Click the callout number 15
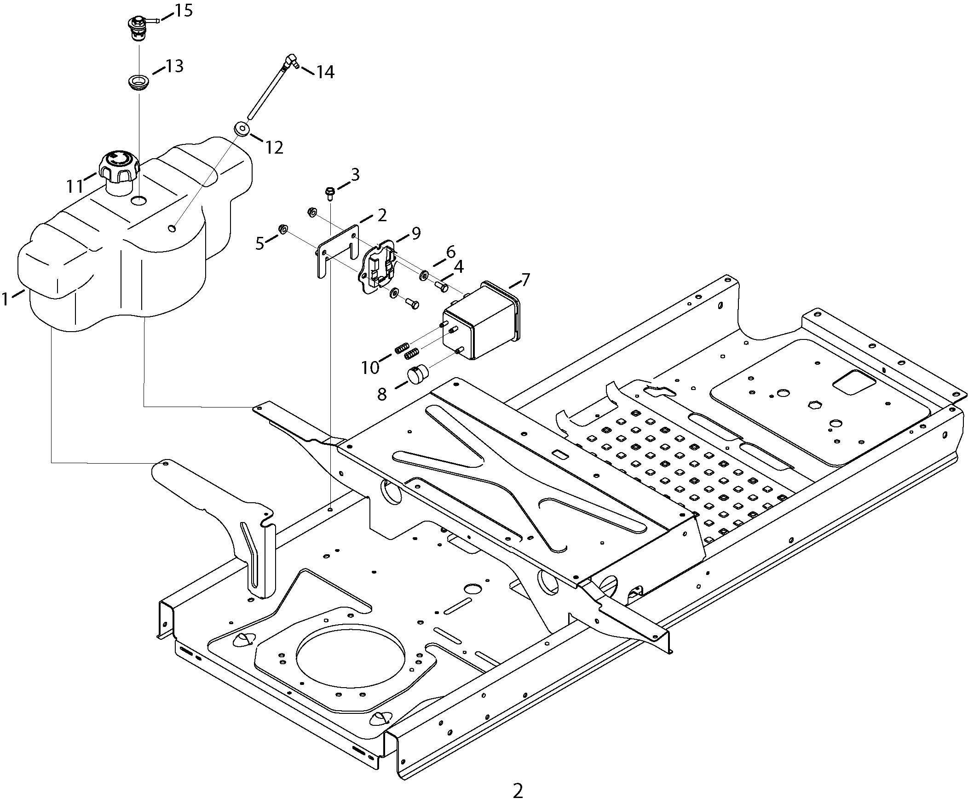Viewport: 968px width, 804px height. (x=184, y=10)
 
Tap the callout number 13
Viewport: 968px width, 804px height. (x=175, y=66)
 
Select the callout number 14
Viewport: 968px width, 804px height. (x=325, y=72)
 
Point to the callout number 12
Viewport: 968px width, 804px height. (x=274, y=148)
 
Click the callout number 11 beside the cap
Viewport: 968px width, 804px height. (x=75, y=186)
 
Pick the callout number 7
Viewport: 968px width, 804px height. (x=525, y=280)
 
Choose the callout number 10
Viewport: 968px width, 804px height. (x=370, y=367)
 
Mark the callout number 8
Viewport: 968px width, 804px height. (x=382, y=394)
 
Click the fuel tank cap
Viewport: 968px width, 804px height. (x=113, y=172)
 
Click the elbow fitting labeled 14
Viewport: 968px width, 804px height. (x=291, y=62)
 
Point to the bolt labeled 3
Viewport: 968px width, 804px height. (x=329, y=193)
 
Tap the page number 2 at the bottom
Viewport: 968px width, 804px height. (x=518, y=791)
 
